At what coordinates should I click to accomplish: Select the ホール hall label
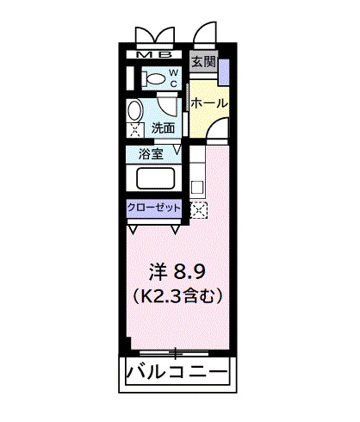click(208, 102)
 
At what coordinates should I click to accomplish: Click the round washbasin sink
click(136, 111)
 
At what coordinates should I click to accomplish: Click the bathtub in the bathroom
click(156, 180)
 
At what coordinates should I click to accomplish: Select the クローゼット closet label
click(154, 208)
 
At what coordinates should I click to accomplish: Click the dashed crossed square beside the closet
click(199, 209)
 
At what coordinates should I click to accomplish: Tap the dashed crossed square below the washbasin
click(135, 131)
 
